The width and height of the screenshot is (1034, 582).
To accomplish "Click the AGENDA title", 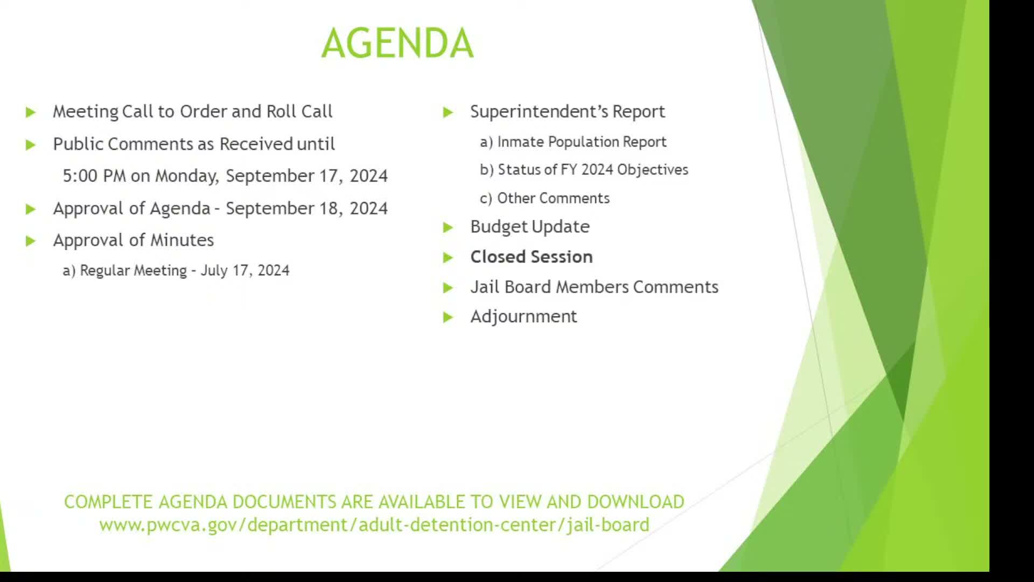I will coord(397,43).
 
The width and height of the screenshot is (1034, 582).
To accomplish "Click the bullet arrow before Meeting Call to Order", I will coord(31,113).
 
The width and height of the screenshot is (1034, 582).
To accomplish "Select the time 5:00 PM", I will coord(94,176).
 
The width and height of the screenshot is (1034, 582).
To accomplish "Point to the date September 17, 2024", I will coord(306,176).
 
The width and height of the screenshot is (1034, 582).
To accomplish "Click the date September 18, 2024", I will coord(306,209).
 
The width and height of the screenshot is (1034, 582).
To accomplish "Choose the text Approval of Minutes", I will coord(133,240).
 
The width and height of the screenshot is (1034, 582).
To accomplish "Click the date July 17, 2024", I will coord(244,271).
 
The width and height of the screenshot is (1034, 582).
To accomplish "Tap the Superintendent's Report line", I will coord(567,112).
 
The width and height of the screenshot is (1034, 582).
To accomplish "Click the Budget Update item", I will coord(529,227).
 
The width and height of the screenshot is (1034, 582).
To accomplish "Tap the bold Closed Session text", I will coord(531,257).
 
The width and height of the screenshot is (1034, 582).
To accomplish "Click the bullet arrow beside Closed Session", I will coord(448,258).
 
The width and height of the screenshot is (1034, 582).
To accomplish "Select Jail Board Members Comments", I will coord(593,287).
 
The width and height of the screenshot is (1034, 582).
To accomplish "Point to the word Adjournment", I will coord(523,316).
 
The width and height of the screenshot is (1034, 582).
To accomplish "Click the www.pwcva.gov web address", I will coord(374,525).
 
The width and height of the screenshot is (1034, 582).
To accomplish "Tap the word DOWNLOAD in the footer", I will coord(635,502).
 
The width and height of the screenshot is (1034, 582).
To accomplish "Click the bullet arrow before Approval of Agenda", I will coord(31,209).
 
